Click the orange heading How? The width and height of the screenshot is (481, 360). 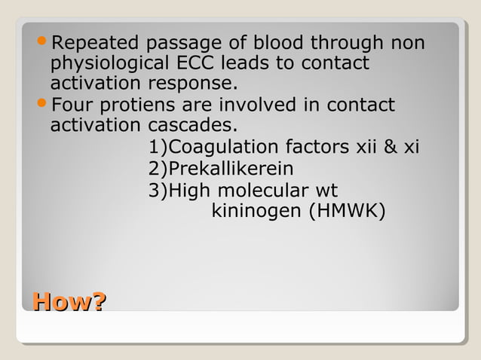tap(68, 304)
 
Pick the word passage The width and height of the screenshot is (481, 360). tap(179, 44)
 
